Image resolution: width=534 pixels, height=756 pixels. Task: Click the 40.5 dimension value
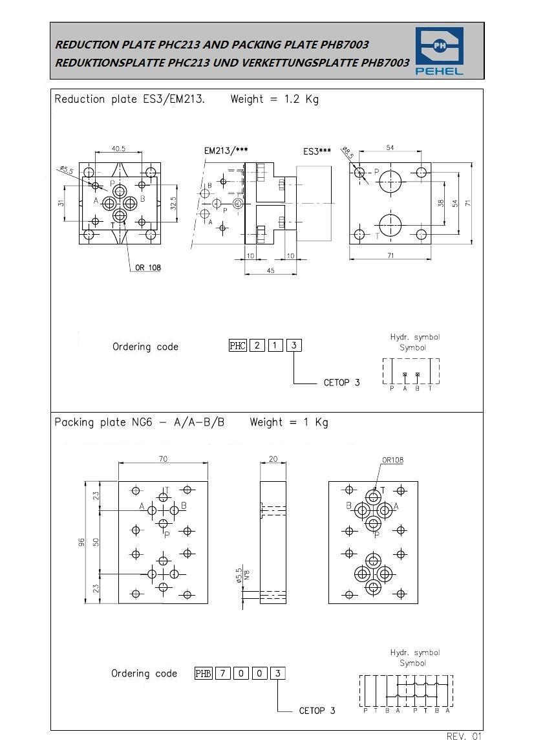tap(118, 149)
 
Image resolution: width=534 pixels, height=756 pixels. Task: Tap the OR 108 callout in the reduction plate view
tap(148, 268)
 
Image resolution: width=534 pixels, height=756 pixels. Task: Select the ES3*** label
tap(317, 151)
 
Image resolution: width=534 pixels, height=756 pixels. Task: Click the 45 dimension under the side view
tap(270, 270)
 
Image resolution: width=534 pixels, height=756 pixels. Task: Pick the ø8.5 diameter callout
tap(347, 153)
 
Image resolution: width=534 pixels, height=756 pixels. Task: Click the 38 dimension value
tap(441, 203)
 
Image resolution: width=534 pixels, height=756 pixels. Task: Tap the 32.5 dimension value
tap(173, 202)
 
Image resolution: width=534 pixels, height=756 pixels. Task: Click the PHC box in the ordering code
tap(238, 345)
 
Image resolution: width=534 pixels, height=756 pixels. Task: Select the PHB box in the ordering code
tap(204, 673)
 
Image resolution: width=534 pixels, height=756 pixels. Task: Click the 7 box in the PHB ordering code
tap(222, 673)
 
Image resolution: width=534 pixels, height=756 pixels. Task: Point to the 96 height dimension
tap(82, 543)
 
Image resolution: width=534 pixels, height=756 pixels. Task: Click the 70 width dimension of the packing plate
tap(164, 459)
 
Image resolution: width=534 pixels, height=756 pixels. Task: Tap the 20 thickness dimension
tap(273, 459)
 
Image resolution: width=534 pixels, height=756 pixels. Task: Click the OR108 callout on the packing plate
tap(393, 460)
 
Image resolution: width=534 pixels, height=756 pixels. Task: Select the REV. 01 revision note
tap(464, 736)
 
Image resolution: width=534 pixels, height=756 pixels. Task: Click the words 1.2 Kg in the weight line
tap(301, 100)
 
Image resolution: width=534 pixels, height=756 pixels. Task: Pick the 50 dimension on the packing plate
tap(96, 542)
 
